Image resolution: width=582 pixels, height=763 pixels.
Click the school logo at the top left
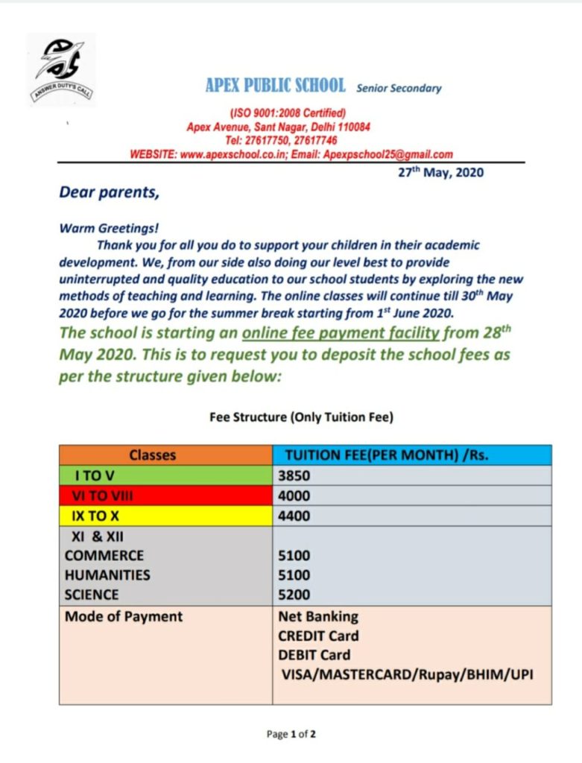pos(62,68)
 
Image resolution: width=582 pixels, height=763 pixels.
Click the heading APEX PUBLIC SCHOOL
pos(275,86)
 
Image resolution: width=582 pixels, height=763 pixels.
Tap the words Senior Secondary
pos(399,88)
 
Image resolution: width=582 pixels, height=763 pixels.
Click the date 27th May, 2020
pos(439,173)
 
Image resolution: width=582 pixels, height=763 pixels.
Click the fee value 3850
pos(294,475)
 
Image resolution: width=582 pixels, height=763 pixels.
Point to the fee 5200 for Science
pos(294,595)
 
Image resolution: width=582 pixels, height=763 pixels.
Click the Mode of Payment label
pos(124,617)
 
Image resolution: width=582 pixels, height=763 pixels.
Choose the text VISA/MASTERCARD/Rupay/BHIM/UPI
pos(407,675)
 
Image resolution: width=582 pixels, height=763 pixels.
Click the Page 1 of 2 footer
pos(291,735)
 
